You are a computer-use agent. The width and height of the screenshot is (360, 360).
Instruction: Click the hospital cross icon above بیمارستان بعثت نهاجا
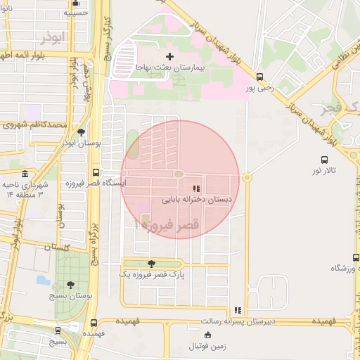pos(169,56)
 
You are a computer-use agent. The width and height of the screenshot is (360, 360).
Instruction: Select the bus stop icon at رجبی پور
pos(260,77)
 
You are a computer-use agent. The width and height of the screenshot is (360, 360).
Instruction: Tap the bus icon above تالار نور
pos(324,160)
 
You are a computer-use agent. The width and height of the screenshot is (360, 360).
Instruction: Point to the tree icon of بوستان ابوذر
pos(82,131)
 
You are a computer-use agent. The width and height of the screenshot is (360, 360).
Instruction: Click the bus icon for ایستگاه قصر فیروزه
pos(96,172)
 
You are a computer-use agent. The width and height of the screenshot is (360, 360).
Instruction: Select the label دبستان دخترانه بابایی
pos(197,200)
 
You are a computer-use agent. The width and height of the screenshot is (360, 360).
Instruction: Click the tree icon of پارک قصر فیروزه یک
pos(152,264)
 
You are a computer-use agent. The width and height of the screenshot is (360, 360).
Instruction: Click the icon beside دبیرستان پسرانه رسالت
pos(238,310)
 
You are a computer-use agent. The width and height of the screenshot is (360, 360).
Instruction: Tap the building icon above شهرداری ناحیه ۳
pos(25,174)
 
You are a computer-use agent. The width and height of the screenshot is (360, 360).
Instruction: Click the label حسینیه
pos(75,13)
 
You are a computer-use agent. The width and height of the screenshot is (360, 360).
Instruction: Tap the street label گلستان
pos(57,247)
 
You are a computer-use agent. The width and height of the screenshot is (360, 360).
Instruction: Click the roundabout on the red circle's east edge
pos(246,178)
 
